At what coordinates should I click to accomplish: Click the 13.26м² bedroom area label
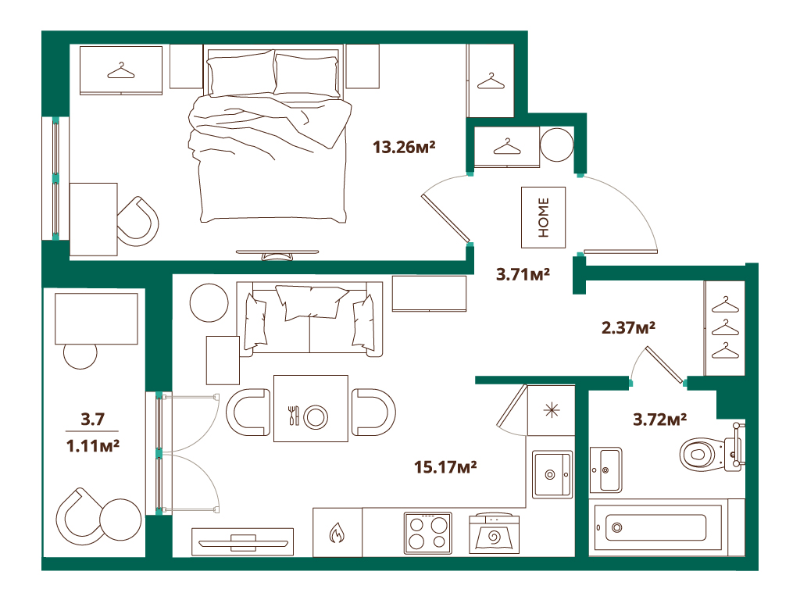click(404, 148)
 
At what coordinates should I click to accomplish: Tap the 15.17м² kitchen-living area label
click(445, 467)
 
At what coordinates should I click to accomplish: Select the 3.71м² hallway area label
click(523, 274)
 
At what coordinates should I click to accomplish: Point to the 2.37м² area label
click(628, 327)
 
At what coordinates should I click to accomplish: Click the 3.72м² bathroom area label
click(659, 420)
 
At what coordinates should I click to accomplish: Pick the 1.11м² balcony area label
click(93, 446)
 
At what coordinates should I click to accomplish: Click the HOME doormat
click(544, 217)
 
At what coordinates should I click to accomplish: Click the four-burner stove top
click(428, 533)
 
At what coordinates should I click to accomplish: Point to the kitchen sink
click(552, 474)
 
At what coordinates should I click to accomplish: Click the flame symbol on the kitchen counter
click(337, 533)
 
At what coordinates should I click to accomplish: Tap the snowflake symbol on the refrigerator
click(552, 411)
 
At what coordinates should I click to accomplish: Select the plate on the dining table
click(316, 417)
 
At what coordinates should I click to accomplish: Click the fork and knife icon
click(294, 416)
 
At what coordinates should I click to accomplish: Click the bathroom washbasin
click(605, 470)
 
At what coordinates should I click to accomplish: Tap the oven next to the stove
click(494, 533)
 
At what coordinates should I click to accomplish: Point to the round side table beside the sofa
click(209, 302)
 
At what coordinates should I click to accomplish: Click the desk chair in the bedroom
click(137, 221)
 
